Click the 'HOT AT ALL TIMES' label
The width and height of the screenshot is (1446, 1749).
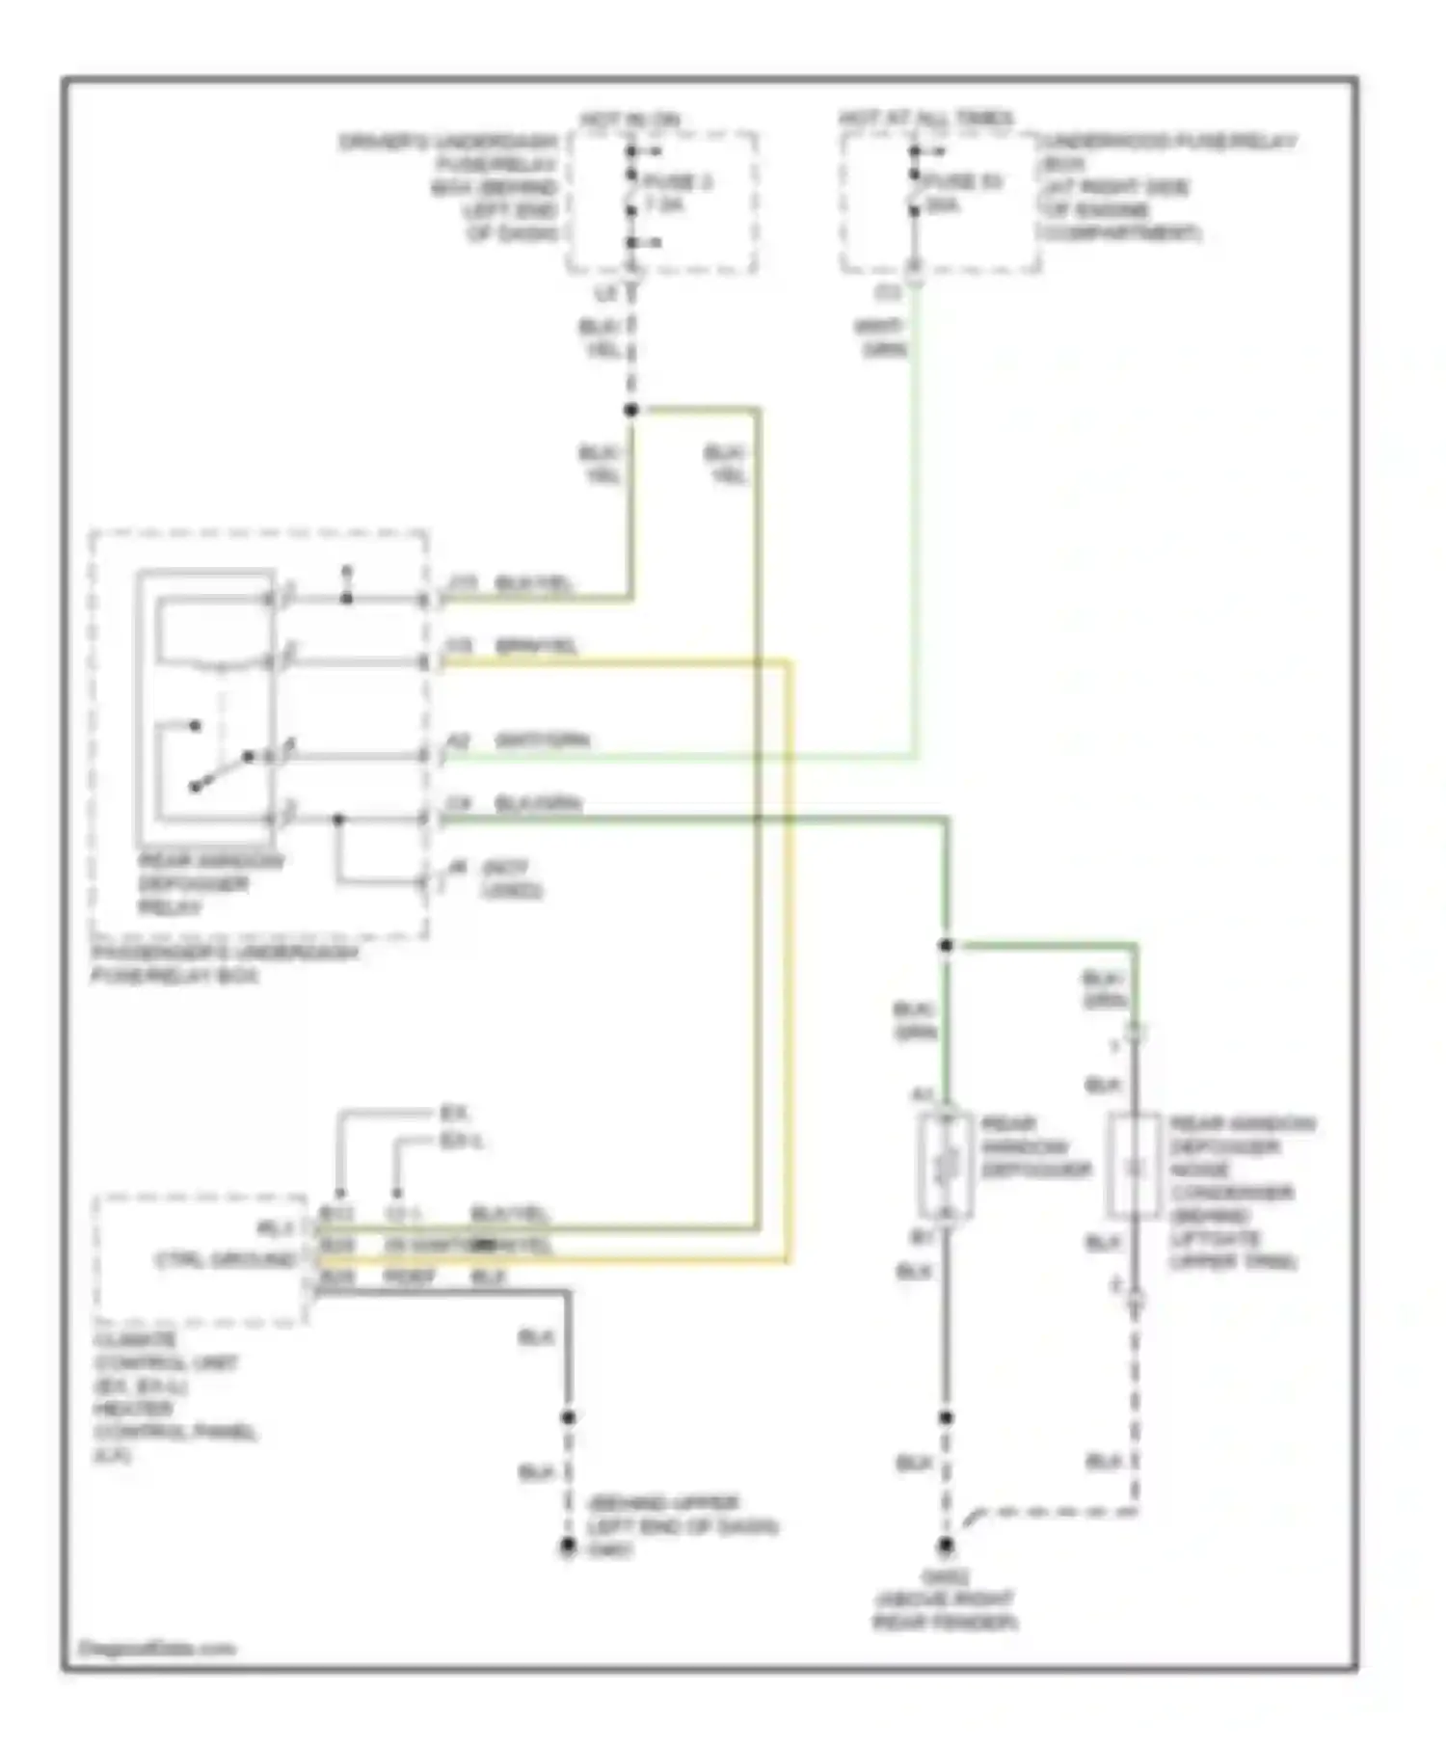[924, 119]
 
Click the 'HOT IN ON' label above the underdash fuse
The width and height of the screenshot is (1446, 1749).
[629, 121]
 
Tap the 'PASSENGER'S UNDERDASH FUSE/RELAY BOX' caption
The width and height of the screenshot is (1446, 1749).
[224, 964]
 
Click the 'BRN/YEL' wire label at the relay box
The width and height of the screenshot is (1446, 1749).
[536, 646]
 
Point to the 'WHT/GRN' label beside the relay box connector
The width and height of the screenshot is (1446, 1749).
[541, 740]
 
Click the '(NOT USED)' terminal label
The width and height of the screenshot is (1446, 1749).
[510, 878]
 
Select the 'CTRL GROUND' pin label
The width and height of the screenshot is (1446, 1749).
[226, 1260]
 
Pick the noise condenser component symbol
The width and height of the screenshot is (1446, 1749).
[1134, 1168]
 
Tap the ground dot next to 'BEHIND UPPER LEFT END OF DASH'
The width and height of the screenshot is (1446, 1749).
[568, 1547]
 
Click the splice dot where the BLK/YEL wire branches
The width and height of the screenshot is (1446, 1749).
[631, 410]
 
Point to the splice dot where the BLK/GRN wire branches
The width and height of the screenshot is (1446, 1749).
[946, 946]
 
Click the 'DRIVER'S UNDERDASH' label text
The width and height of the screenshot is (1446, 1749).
[449, 142]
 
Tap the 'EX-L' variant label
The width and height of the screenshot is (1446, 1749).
[461, 1142]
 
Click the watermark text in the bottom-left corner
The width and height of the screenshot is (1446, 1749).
[155, 1648]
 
